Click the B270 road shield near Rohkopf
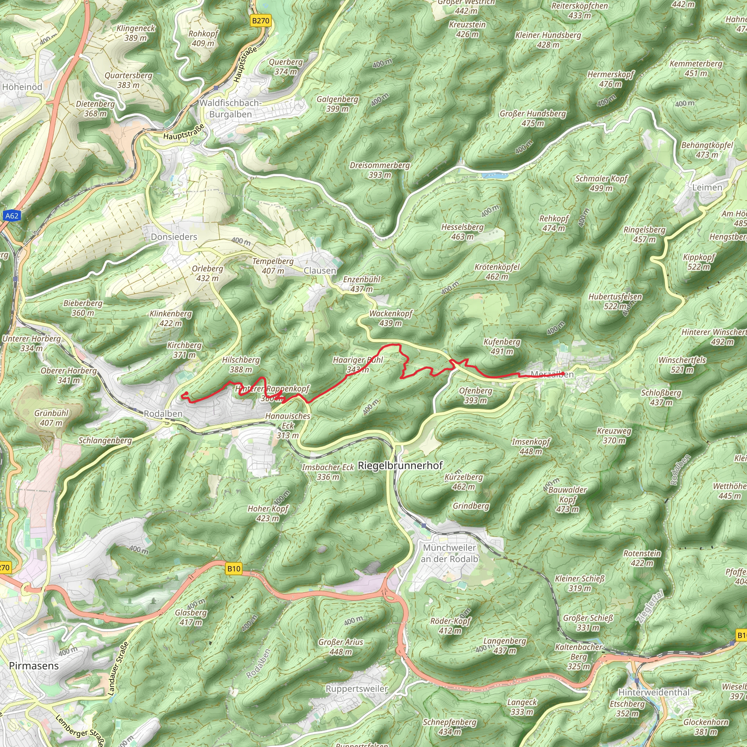(x=260, y=20)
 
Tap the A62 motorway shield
(x=12, y=216)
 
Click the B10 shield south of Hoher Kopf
(x=233, y=568)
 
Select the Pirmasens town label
(x=34, y=666)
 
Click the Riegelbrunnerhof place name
(x=400, y=465)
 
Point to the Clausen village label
(x=320, y=271)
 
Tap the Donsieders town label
(x=174, y=237)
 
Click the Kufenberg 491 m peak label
(x=502, y=347)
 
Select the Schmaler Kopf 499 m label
(x=601, y=183)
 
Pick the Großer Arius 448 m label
(x=341, y=647)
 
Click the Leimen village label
(x=707, y=187)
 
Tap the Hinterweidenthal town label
(x=654, y=692)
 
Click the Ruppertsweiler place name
(x=356, y=689)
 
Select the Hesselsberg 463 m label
(x=462, y=232)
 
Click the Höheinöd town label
(x=22, y=87)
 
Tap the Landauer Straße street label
(x=117, y=669)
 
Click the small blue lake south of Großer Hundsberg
(x=495, y=175)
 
